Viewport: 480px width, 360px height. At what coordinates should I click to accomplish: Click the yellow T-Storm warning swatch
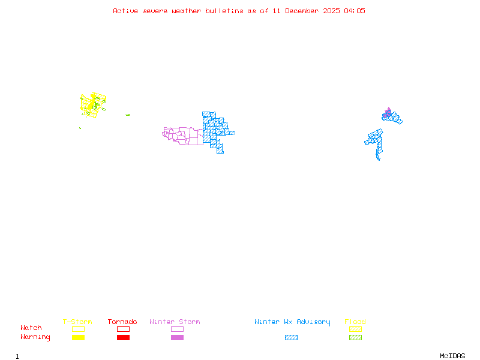pos(78,338)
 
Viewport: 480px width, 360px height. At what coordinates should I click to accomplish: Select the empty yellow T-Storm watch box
pos(78,329)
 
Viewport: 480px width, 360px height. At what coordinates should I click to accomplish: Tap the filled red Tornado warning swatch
pos(123,338)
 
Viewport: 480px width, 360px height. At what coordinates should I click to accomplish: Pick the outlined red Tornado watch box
pos(123,329)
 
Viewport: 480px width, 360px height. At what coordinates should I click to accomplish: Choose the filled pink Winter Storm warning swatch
pos(177,338)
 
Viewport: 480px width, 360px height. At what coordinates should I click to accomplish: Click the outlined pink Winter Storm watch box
pos(177,329)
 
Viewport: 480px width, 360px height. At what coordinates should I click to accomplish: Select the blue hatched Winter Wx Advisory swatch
pos(291,338)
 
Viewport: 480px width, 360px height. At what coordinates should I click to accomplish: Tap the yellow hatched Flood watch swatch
pos(355,329)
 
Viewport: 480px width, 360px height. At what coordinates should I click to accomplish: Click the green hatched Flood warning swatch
pos(355,338)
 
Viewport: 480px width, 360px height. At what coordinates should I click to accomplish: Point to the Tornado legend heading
pos(122,322)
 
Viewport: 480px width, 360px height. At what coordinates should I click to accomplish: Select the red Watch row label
pos(31,328)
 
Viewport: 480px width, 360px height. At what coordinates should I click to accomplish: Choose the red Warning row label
pos(35,337)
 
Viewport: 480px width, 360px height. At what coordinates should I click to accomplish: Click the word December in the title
pos(305,11)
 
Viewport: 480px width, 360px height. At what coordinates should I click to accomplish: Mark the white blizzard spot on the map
pos(380,159)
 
